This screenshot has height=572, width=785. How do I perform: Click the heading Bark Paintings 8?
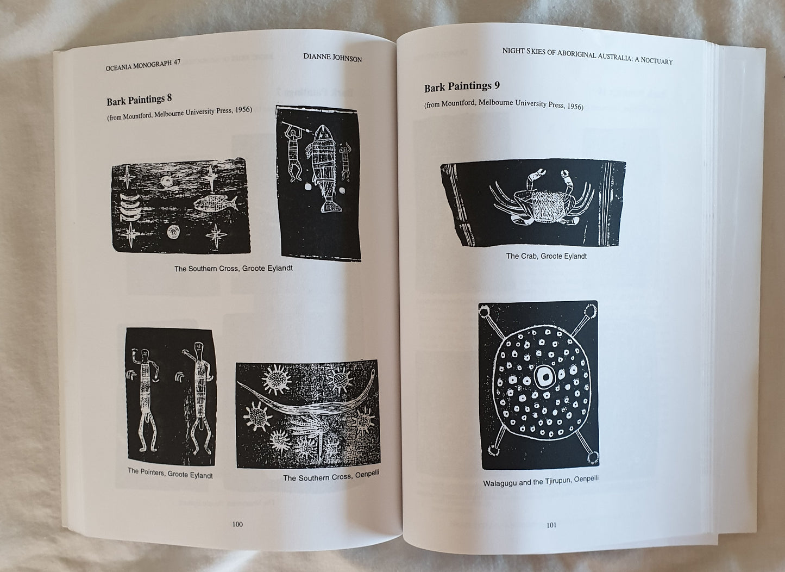click(x=139, y=100)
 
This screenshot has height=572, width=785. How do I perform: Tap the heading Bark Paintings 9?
click(x=462, y=86)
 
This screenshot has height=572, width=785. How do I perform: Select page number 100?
click(x=237, y=524)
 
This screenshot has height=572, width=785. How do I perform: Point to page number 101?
click(x=551, y=525)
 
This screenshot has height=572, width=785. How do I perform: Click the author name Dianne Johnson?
click(x=332, y=58)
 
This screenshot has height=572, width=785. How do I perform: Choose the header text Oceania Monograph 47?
click(x=143, y=65)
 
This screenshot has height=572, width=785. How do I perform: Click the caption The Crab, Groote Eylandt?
click(x=546, y=256)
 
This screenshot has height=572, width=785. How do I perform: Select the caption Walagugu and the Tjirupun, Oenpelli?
click(x=541, y=481)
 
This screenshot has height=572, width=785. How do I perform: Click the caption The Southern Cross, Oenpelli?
click(x=331, y=476)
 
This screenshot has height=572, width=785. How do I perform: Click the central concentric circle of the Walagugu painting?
click(x=545, y=377)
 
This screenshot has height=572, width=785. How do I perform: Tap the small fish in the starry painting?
click(x=215, y=203)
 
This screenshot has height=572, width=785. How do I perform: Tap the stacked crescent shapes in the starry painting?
click(x=130, y=207)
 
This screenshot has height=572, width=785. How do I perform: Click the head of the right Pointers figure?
click(x=199, y=347)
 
